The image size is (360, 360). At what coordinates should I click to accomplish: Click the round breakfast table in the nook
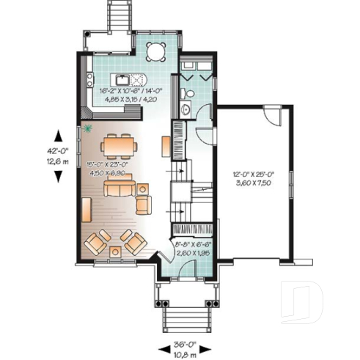coord(155,51)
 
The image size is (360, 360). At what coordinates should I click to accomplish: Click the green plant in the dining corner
coord(89,129)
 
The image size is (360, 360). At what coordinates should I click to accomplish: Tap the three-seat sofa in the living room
coord(120,189)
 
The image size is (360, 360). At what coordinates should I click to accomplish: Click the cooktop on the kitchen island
coord(139,79)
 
